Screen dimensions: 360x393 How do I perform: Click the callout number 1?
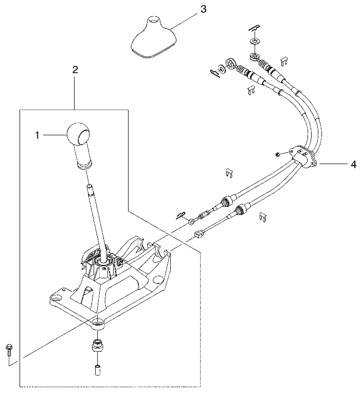[38, 135]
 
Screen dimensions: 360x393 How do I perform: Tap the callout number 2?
[75, 69]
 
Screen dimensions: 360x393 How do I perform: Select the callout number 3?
[204, 10]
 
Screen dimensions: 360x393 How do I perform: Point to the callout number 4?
[353, 165]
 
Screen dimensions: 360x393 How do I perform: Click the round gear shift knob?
[78, 134]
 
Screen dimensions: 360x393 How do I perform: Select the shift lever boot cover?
[153, 37]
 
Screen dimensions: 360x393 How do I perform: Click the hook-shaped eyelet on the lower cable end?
[198, 234]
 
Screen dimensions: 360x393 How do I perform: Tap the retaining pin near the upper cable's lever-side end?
[182, 216]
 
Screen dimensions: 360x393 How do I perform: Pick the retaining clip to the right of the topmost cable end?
[283, 61]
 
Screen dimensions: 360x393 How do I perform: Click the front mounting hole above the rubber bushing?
[97, 321]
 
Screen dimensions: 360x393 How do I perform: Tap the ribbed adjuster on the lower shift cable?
[240, 209]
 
